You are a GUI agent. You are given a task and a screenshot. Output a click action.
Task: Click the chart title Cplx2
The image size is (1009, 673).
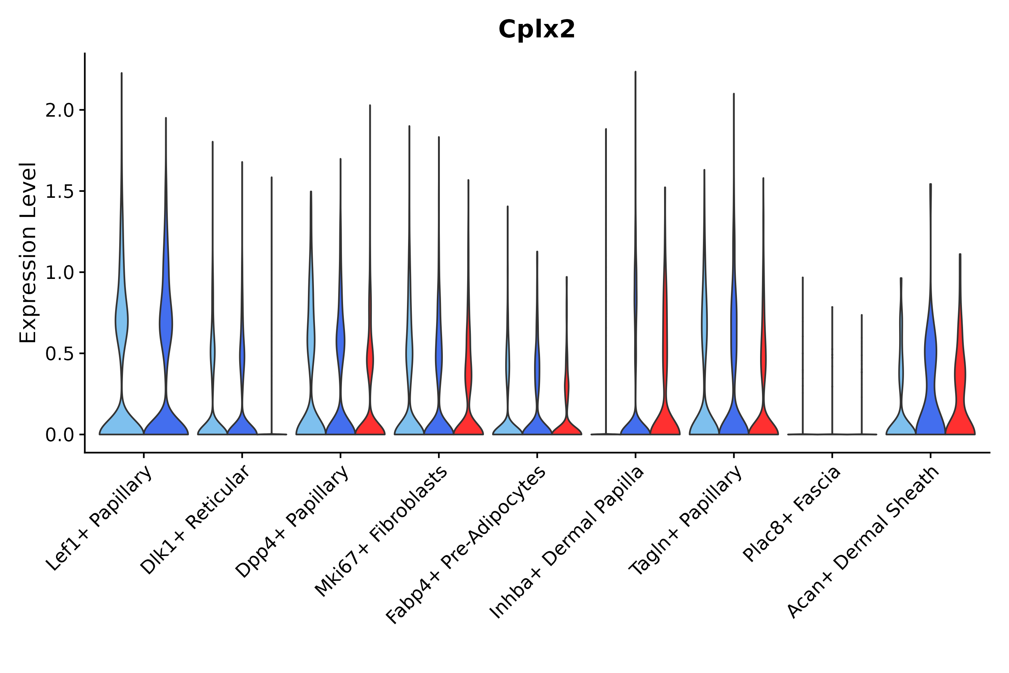(536, 30)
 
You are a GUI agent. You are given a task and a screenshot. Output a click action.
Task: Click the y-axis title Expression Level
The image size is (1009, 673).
(28, 252)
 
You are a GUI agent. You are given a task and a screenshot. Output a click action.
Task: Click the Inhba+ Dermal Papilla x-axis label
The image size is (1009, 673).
(566, 543)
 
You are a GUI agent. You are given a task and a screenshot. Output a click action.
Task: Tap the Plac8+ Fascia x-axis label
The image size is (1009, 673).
(792, 514)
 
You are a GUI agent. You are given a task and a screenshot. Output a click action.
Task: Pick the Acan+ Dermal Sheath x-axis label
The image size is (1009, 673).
(863, 542)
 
